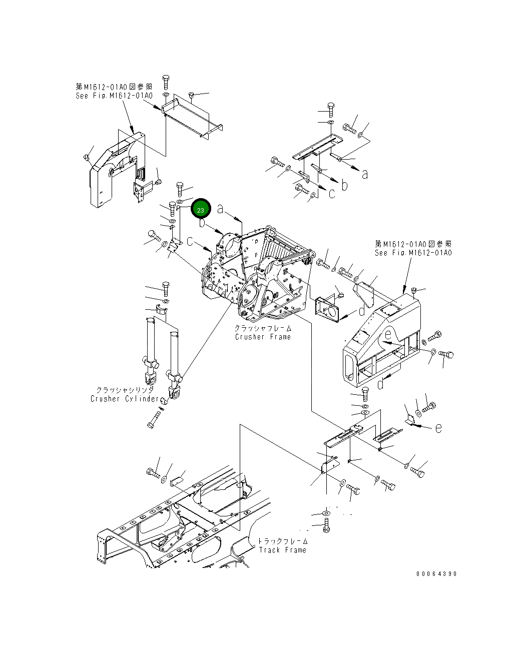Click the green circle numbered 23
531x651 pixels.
201,210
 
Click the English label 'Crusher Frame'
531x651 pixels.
263,337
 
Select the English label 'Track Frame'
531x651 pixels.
282,550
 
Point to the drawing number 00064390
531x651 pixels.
436,574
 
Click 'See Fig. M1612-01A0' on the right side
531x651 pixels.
413,253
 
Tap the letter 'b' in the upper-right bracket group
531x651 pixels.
344,185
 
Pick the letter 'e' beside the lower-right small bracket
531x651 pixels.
438,428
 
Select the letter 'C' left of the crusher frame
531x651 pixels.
191,242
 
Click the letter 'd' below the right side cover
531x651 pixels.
380,384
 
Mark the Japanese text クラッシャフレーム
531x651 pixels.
263,328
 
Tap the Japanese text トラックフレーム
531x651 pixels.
283,541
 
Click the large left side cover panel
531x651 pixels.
113,170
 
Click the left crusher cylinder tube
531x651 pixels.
150,340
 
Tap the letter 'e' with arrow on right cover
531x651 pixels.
388,336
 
